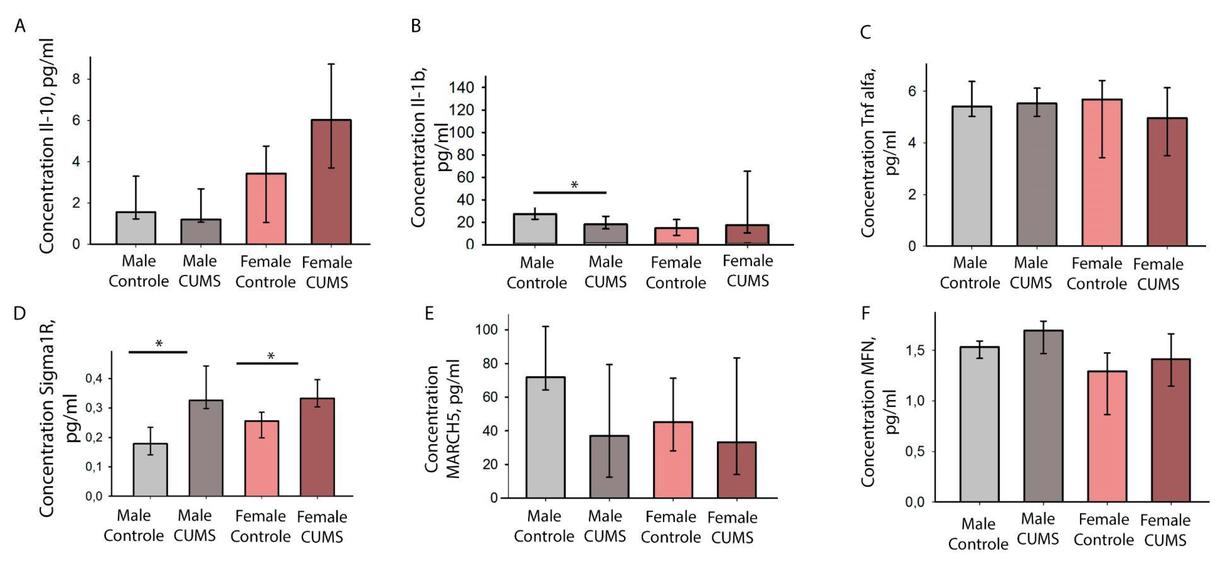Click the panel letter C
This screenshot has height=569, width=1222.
pyautogui.click(x=865, y=32)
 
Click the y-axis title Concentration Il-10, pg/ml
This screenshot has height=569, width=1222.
pyautogui.click(x=47, y=146)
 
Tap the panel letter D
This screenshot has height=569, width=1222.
pyautogui.click(x=20, y=314)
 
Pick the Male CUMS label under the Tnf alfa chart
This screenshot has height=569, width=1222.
pyautogui.click(x=1030, y=273)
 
